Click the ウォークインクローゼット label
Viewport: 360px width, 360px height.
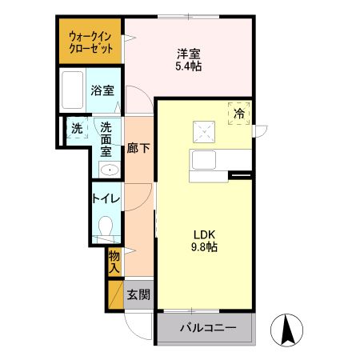pyautogui.click(x=90, y=42)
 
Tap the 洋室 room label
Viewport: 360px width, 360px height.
pyautogui.click(x=189, y=54)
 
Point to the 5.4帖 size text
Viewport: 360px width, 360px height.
pyautogui.click(x=189, y=67)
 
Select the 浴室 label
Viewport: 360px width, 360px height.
pyautogui.click(x=101, y=90)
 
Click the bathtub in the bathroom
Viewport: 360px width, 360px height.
pyautogui.click(x=72, y=90)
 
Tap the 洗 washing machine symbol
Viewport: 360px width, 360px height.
pyautogui.click(x=77, y=129)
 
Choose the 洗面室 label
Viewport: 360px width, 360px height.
pyautogui.click(x=106, y=139)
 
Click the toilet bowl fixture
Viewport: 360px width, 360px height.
pyautogui.click(x=104, y=228)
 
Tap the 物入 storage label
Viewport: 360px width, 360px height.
pyautogui.click(x=114, y=261)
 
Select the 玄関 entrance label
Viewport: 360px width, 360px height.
pyautogui.click(x=138, y=294)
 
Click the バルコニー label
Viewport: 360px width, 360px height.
pyautogui.click(x=207, y=328)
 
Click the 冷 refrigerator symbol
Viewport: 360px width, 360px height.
pyautogui.click(x=239, y=114)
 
